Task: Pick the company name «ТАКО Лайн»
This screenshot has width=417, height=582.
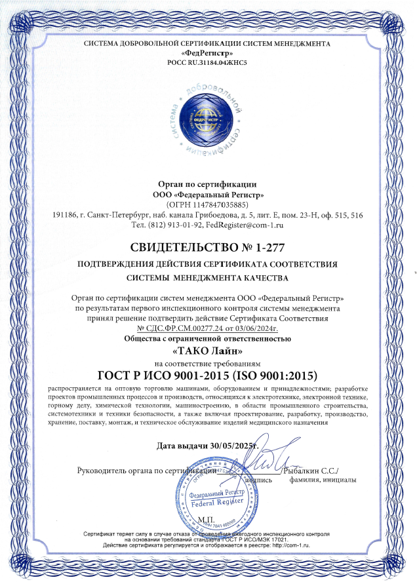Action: (x=207, y=351)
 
